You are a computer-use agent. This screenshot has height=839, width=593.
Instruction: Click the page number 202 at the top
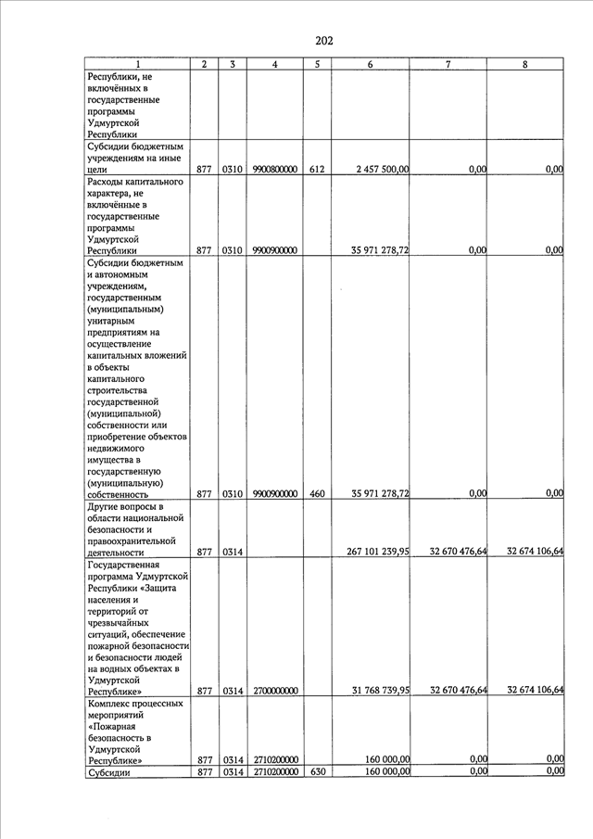pos(323,40)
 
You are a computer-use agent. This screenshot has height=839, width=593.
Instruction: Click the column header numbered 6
pos(371,64)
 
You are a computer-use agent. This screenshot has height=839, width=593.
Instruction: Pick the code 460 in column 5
pos(317,494)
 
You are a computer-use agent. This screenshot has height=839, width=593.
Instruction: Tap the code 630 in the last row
pos(317,771)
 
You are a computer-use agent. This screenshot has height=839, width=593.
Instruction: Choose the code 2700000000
pos(274,691)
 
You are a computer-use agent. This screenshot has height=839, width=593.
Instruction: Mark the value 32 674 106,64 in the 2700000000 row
pos(536,691)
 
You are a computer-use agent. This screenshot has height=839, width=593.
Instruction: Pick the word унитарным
pos(113,321)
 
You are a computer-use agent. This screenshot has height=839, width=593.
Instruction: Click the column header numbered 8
pos(525,64)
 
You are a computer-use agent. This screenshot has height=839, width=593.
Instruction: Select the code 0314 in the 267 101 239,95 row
pos(232,552)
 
